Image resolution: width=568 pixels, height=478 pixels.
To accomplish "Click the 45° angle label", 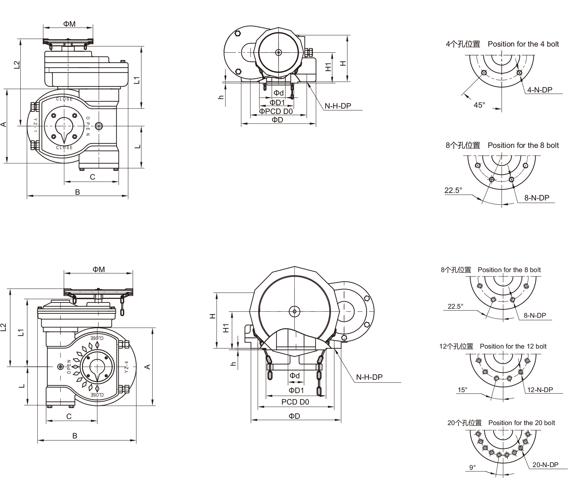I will pyautogui.click(x=479, y=105).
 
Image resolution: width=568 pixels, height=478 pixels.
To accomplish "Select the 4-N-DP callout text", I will pyautogui.click(x=540, y=90).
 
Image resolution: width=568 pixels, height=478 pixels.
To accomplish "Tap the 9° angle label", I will pyautogui.click(x=472, y=467).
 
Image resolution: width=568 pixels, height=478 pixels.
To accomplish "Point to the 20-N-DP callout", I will pyautogui.click(x=545, y=465).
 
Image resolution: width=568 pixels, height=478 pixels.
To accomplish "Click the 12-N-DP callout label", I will pyautogui.click(x=540, y=390).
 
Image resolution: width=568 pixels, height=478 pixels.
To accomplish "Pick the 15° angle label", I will pyautogui.click(x=462, y=390).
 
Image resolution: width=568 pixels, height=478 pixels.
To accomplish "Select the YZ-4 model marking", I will pyautogui.click(x=127, y=367).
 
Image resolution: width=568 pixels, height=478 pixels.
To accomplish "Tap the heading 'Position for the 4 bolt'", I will pyautogui.click(x=523, y=44).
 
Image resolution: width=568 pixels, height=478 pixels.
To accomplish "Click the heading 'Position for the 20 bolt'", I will pyautogui.click(x=521, y=423).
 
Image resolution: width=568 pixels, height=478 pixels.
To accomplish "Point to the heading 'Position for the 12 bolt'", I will pyautogui.click(x=513, y=346).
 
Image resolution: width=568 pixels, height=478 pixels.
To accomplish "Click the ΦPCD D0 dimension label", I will pyautogui.click(x=276, y=112).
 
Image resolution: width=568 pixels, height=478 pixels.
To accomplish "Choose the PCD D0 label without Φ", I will pyautogui.click(x=295, y=402).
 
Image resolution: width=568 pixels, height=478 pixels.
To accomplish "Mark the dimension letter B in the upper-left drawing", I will pyautogui.click(x=77, y=192).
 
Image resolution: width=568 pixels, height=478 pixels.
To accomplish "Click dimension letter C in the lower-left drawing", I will pyautogui.click(x=69, y=416).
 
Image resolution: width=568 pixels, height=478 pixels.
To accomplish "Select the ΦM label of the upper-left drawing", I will pyautogui.click(x=69, y=24).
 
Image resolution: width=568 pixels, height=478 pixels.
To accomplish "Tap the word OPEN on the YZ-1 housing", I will pyautogui.click(x=88, y=126).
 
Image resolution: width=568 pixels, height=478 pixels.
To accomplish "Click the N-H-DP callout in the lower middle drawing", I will pyautogui.click(x=369, y=377).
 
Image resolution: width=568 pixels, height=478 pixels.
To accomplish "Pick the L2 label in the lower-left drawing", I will pyautogui.click(x=3, y=327).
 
